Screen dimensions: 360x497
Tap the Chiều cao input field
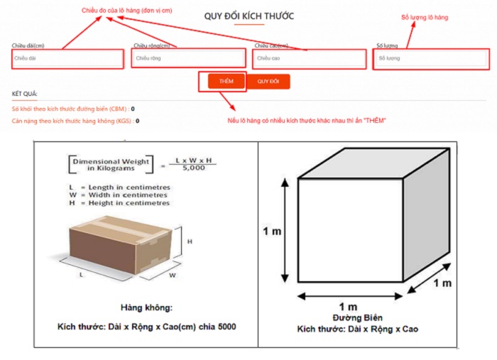pos(309,58)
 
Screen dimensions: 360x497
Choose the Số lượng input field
pos(431,58)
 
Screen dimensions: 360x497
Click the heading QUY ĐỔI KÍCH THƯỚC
pos(248,15)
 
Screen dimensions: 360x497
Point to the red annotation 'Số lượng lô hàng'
pos(425,16)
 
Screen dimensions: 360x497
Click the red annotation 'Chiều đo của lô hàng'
pos(136,11)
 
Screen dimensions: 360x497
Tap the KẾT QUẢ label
pos(25,94)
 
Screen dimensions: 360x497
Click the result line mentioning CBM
pos(73,109)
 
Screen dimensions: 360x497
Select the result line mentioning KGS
pos(75,121)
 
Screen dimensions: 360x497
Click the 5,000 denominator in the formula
pos(194,169)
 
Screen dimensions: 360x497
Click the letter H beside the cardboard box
pos(190,241)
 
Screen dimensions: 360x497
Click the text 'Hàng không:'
pos(146,307)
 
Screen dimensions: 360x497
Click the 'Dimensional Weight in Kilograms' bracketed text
pos(110,165)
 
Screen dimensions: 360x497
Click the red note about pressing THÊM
pos(306,121)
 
